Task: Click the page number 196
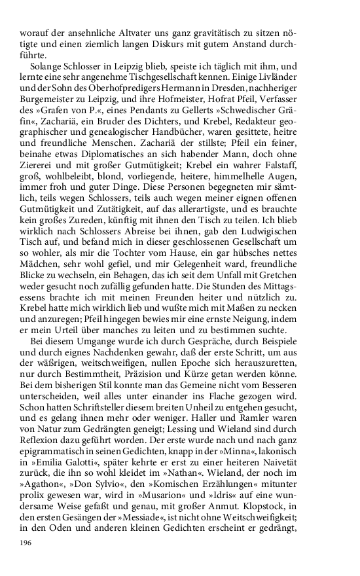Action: click(27, 543)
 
